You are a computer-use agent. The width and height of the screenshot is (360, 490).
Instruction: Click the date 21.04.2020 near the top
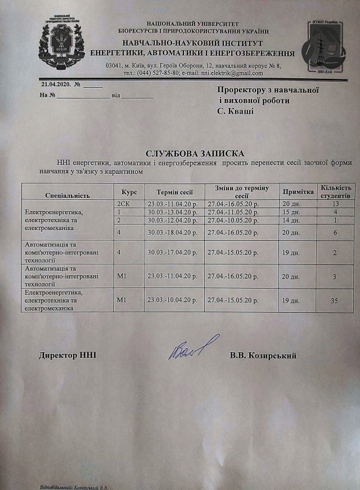point(55,84)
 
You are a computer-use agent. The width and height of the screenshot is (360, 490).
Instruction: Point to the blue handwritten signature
point(192,349)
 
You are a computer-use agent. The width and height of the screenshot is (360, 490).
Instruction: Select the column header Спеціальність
point(67,195)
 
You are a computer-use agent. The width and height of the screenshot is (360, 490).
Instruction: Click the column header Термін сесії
point(175,192)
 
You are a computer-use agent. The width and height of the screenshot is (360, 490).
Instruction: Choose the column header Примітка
point(298,192)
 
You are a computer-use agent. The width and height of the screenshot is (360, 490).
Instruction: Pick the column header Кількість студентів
point(336,191)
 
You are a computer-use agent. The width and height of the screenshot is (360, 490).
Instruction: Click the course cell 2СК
point(123,203)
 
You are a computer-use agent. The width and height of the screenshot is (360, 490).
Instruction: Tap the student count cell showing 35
point(334,301)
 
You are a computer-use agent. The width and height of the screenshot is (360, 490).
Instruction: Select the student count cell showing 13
point(336,203)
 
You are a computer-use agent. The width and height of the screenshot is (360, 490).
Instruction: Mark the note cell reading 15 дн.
point(290,212)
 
